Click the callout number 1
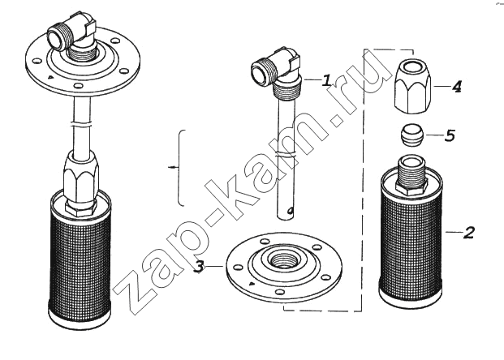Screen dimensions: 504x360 326,80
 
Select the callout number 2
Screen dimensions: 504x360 469,232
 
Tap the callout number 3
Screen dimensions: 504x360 200,266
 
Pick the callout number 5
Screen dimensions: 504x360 450,135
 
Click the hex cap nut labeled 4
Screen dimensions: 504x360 411,87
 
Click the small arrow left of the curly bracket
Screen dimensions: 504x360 173,167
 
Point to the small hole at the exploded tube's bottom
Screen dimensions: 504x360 291,211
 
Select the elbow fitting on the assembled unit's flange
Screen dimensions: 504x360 72,36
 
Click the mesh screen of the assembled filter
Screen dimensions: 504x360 80,258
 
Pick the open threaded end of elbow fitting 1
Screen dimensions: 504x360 261,71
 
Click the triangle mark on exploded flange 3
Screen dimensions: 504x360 252,283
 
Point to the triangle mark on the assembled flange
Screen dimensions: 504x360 50,77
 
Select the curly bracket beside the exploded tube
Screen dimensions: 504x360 182,168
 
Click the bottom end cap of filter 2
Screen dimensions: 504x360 411,297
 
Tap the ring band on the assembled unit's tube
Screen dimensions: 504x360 82,123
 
